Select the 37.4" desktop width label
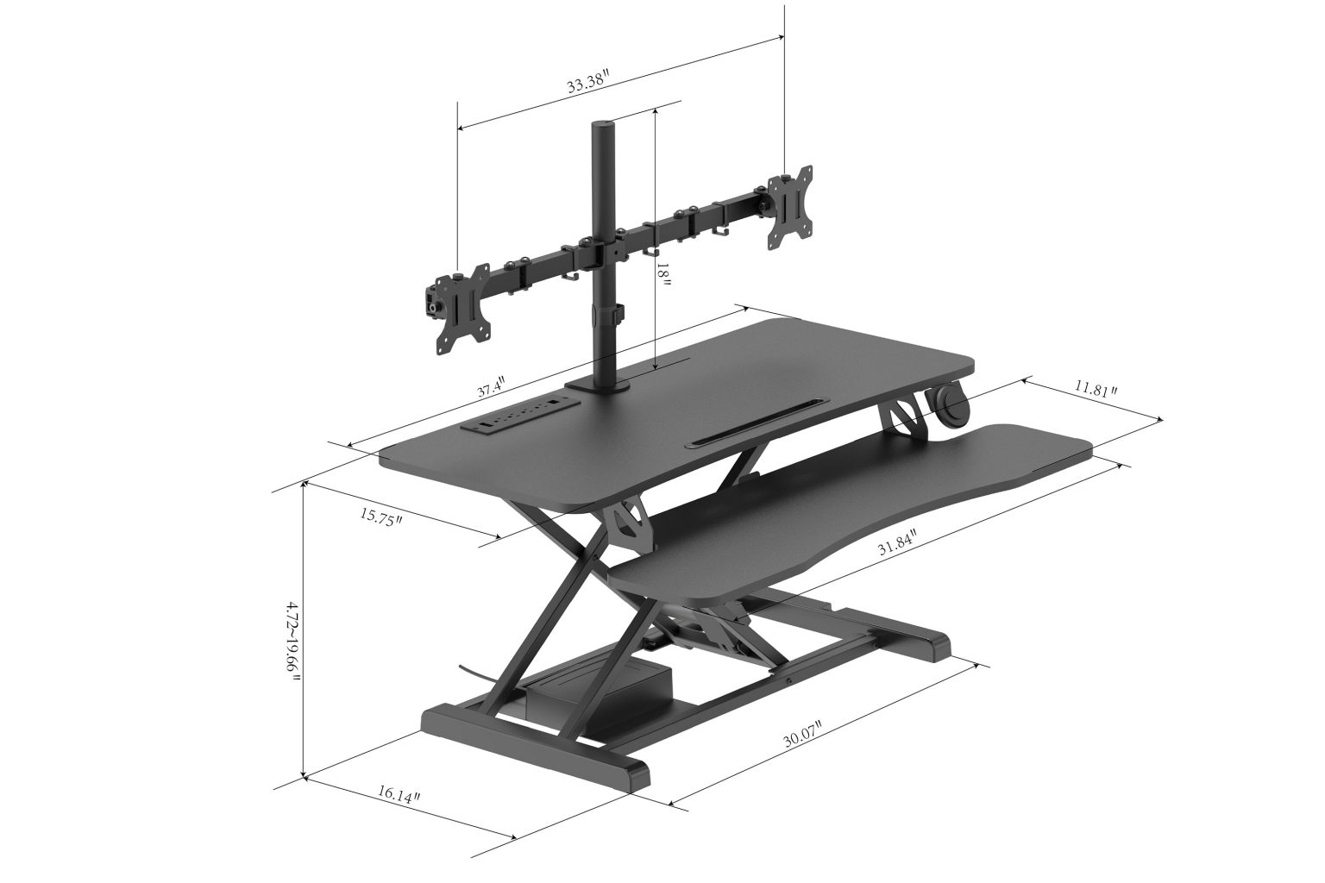pos(491,387)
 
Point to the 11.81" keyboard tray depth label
pos(1096,389)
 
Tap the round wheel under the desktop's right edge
pos(949,408)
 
